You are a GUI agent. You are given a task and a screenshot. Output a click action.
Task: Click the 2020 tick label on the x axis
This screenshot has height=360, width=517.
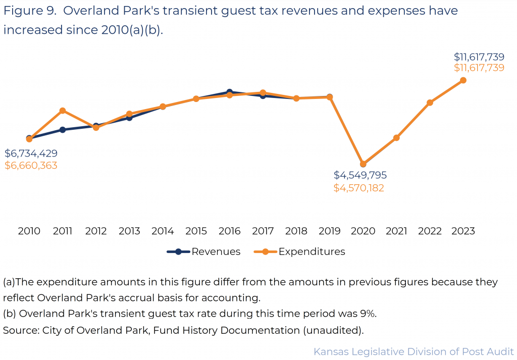click(x=363, y=231)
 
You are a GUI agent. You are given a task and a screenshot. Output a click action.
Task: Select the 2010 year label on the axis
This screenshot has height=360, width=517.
click(x=29, y=231)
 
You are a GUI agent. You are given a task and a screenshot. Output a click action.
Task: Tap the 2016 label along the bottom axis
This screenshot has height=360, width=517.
click(x=229, y=231)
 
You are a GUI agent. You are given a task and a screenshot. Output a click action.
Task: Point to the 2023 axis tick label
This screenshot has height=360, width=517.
click(x=463, y=231)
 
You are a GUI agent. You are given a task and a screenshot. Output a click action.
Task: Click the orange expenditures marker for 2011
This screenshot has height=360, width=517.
click(x=63, y=111)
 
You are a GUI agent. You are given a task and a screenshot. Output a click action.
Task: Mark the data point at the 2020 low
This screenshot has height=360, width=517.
click(x=363, y=164)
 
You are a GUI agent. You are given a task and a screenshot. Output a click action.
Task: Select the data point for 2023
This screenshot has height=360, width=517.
click(x=463, y=80)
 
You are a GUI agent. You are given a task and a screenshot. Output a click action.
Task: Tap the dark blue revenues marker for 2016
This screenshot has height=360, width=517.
click(x=229, y=92)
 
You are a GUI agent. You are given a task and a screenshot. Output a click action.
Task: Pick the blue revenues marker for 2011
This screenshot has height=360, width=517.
click(x=63, y=130)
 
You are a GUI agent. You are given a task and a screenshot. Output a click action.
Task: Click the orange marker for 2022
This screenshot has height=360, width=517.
click(x=430, y=102)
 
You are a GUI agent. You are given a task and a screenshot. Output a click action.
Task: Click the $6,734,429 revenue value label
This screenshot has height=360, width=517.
click(x=31, y=153)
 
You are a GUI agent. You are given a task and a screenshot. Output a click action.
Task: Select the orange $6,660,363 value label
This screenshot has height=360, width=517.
click(x=31, y=166)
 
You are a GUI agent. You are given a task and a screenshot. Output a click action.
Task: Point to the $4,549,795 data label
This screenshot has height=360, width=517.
click(x=360, y=175)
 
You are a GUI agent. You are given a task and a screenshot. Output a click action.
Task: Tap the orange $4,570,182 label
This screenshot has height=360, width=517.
click(x=359, y=188)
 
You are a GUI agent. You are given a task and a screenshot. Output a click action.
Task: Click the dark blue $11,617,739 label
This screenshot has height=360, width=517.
click(x=479, y=57)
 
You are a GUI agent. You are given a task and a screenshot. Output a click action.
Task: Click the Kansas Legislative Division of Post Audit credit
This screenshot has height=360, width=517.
click(x=413, y=351)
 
